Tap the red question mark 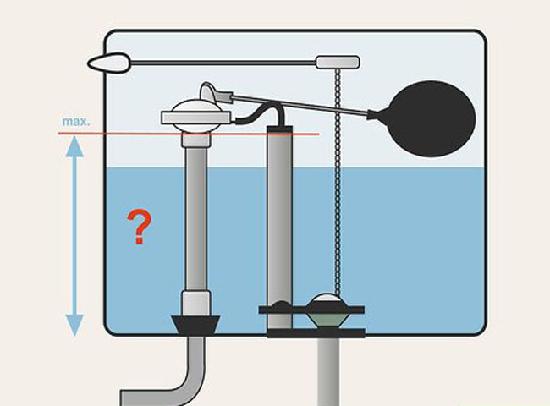click(x=140, y=228)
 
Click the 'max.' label click(x=76, y=123)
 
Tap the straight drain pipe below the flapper click(x=331, y=372)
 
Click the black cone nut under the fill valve click(x=197, y=325)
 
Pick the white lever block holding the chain click(x=338, y=62)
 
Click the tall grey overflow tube click(x=278, y=211)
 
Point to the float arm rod click(x=313, y=105)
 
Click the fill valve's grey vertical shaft click(x=196, y=211)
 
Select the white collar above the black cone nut click(x=196, y=301)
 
